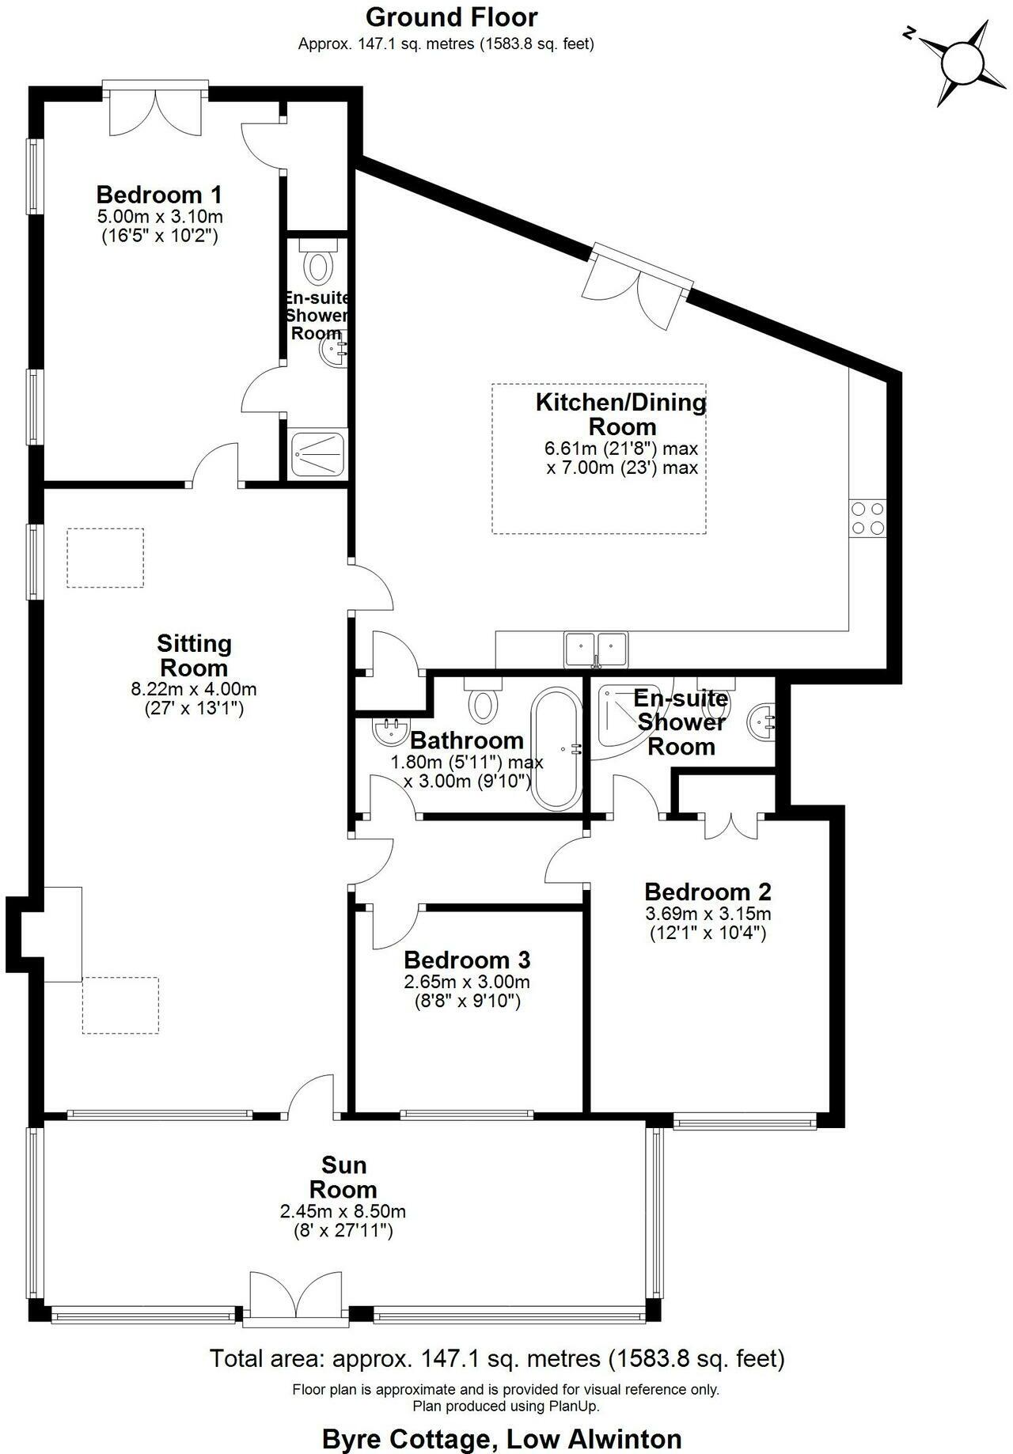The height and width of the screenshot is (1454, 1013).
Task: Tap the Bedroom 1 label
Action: (x=158, y=195)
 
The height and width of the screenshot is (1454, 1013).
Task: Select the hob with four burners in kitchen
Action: (x=867, y=519)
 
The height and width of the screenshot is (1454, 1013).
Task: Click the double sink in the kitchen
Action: (x=596, y=649)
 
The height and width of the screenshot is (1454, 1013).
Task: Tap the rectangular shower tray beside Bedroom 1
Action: (x=318, y=454)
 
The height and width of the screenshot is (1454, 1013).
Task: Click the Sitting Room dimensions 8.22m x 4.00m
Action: (x=194, y=690)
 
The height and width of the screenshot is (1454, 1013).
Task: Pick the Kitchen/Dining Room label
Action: (x=621, y=414)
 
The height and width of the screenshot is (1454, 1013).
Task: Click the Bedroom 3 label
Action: (x=466, y=960)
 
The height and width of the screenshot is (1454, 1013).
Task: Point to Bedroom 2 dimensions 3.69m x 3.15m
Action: (x=708, y=914)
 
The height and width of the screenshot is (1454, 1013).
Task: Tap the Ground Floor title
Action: (x=452, y=17)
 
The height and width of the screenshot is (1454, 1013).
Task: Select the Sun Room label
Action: (x=343, y=1177)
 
